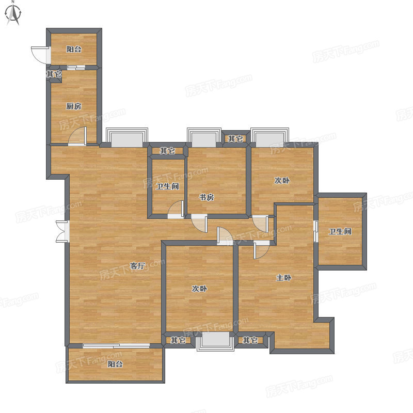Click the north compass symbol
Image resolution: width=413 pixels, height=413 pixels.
pos(13,14)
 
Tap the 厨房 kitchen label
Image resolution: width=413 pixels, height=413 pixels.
pos(74,106)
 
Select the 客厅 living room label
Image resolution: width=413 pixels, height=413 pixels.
pos(137,266)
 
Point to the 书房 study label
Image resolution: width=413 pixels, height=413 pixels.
pos(206,197)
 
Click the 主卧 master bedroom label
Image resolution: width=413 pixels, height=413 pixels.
pos(283,278)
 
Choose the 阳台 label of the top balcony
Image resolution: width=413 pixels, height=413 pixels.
pos(74,49)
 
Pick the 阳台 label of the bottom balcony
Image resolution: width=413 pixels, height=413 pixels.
pos(115,364)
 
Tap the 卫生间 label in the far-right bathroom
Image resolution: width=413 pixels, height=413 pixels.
pos(340,231)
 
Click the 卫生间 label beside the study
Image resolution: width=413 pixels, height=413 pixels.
pos(167,186)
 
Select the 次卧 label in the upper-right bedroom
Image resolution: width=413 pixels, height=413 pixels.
pos(282,180)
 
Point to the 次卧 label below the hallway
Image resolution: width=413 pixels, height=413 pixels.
pos(199,289)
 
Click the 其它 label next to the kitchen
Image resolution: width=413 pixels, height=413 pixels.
pos(54,74)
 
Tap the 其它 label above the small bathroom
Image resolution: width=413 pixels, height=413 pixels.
pos(167,151)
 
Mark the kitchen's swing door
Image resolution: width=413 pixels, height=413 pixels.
pos(77,136)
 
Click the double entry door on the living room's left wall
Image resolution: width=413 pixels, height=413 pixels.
pos(62,231)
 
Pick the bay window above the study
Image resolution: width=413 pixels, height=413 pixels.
pos(204,137)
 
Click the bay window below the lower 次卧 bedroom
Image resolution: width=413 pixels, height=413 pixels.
pos(215,342)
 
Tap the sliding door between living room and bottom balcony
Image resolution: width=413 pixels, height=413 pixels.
pos(116,346)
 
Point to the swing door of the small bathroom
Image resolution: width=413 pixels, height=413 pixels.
pos(176,210)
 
